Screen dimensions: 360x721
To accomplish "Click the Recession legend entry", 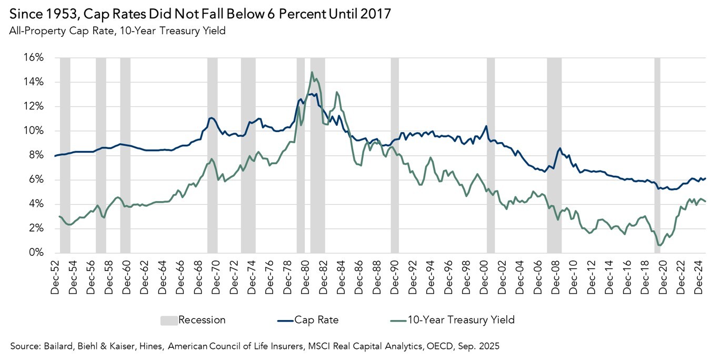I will [202, 320].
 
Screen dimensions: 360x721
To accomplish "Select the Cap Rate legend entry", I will [316, 320].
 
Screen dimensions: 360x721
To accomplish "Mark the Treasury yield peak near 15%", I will [312, 73].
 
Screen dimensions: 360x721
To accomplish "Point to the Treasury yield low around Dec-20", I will [660, 245].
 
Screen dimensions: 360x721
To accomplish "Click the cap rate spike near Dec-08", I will [560, 148].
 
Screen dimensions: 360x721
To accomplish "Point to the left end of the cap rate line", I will [55, 156].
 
